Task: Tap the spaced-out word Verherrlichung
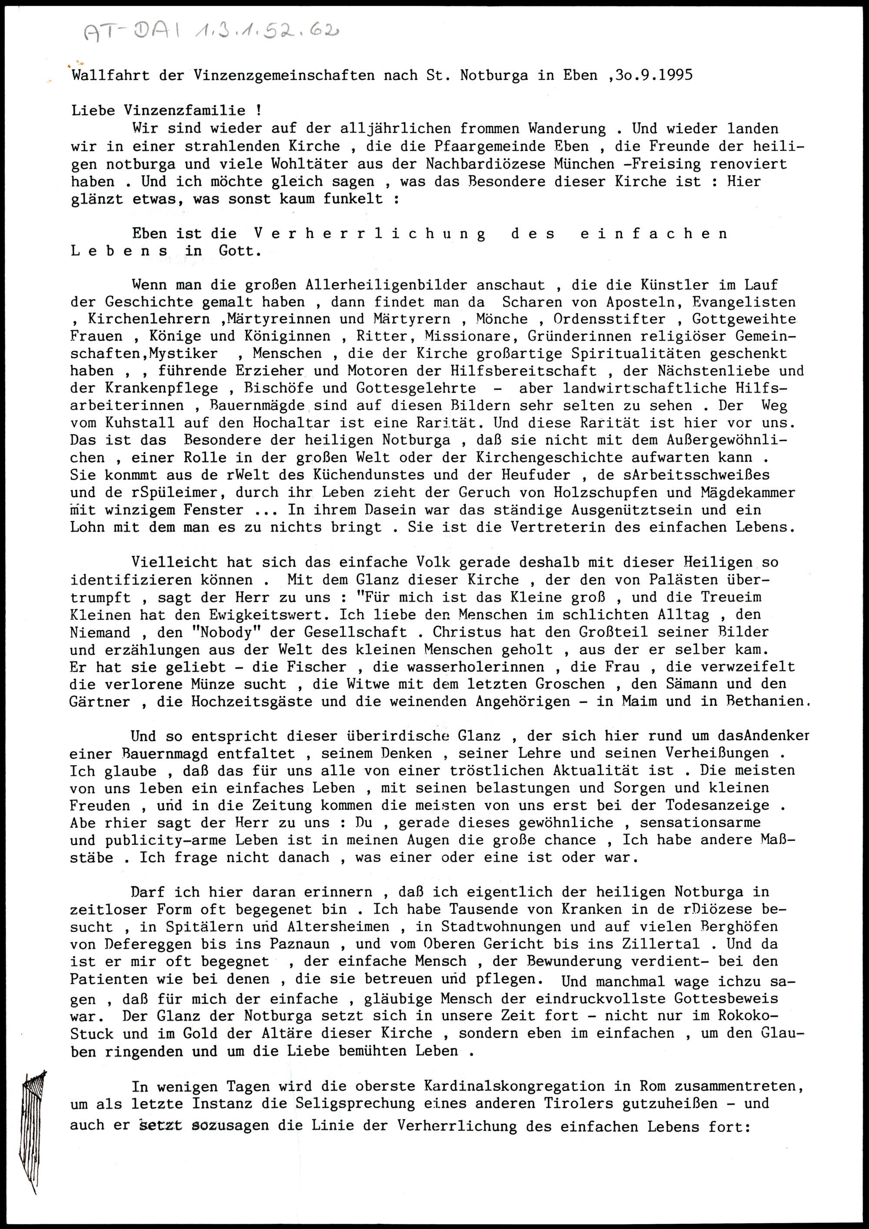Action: pos(370,234)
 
